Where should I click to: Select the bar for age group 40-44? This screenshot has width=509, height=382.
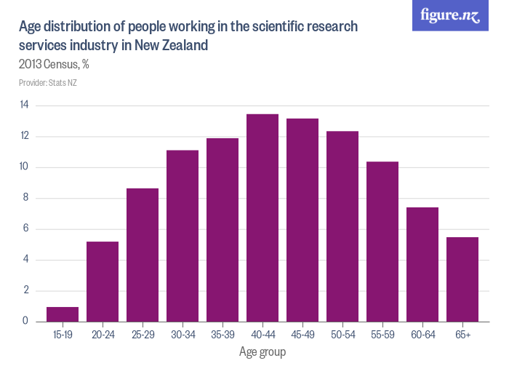(262, 218)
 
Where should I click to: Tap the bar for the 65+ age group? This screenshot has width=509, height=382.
(462, 279)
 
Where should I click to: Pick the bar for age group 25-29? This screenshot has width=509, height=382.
(143, 255)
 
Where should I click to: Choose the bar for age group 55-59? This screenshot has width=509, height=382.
(382, 242)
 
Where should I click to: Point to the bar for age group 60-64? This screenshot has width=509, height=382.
(422, 264)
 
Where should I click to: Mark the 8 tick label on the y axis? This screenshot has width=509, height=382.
(25, 198)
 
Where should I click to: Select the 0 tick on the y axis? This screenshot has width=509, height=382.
(25, 321)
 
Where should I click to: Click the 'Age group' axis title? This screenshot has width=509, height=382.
(262, 352)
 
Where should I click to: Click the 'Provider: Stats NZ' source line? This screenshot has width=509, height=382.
(48, 83)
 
